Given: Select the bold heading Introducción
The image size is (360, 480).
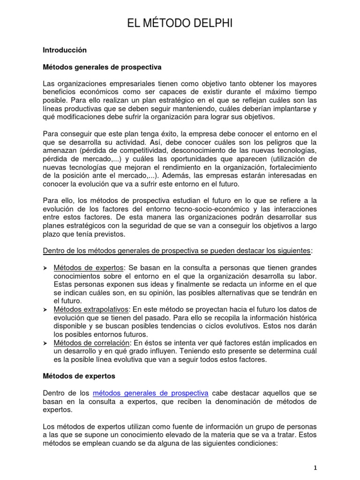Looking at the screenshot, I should coord(65,49).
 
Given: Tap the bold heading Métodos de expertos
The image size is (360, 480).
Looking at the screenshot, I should coord(79,375).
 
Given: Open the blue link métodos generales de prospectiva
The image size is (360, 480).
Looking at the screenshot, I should coord(150,393).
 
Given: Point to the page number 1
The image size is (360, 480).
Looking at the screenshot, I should coord(315,468).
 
